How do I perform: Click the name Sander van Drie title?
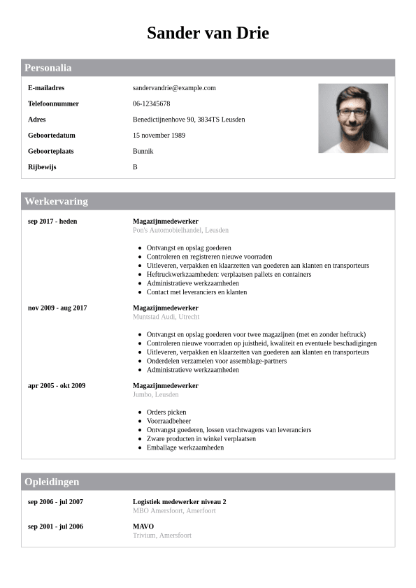[208, 33]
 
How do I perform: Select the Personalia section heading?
[48, 68]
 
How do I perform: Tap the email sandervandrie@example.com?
[174, 88]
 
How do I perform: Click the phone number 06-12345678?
[151, 103]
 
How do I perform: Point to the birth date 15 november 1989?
[159, 135]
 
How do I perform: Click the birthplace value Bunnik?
[143, 151]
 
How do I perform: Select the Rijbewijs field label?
[42, 167]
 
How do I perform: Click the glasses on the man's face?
[352, 112]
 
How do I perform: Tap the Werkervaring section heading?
[57, 201]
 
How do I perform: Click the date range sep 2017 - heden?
[52, 221]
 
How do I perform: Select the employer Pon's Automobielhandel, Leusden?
[180, 230]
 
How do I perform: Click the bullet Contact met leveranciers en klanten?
[196, 292]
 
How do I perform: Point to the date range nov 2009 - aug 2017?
[57, 308]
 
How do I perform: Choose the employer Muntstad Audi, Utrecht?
[166, 317]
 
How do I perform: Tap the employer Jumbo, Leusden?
[156, 394]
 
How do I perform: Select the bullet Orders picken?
[166, 413]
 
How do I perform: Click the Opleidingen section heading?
[52, 482]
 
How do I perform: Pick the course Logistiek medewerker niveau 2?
[180, 501]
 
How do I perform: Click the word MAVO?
[143, 526]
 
